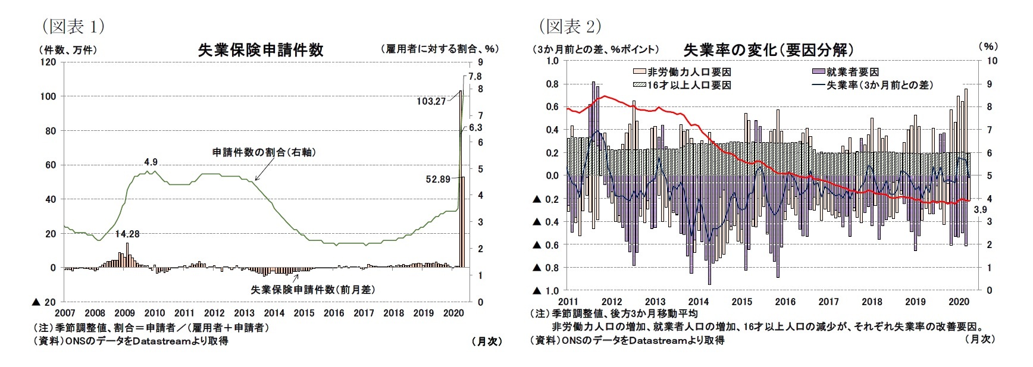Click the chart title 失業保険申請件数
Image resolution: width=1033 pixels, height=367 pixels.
[261, 50]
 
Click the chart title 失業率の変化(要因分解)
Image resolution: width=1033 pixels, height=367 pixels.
[769, 50]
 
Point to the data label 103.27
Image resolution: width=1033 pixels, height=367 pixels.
[431, 101]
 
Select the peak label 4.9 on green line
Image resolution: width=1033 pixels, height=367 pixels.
[151, 162]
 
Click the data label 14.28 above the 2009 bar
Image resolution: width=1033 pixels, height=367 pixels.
[127, 234]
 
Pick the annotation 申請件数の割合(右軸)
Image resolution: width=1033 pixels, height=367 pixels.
[264, 152]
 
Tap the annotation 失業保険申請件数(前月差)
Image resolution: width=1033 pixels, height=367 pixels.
[313, 290]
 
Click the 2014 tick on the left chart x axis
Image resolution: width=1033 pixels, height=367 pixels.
[274, 313]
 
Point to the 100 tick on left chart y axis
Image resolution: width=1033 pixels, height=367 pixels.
[48, 96]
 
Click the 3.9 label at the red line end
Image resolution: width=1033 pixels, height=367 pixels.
[980, 209]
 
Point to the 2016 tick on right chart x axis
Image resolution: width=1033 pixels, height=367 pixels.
[785, 302]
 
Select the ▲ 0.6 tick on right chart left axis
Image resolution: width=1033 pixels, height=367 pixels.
[547, 244]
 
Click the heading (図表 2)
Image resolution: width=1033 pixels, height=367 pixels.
[570, 26]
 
